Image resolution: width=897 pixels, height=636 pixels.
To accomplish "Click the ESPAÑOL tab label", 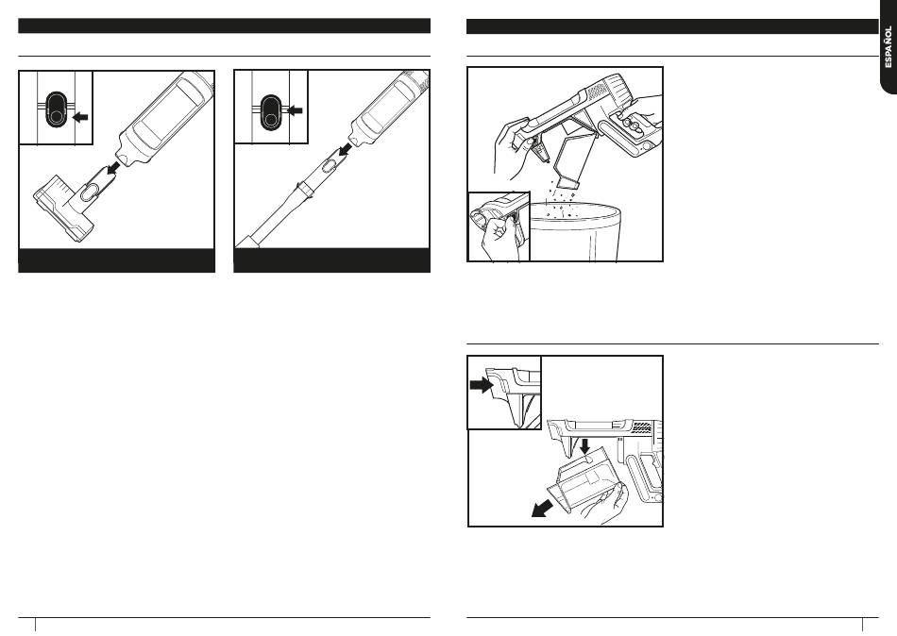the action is point(887,48).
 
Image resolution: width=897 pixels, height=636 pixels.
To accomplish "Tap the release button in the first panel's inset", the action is point(54,109).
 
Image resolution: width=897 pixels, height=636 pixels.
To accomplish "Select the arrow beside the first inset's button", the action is point(81,118).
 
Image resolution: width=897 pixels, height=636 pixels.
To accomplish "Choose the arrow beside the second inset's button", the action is point(296,110).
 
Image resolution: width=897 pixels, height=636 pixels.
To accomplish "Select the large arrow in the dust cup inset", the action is point(482,384).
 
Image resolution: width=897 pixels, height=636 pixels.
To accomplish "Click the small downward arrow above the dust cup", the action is point(584,443).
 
